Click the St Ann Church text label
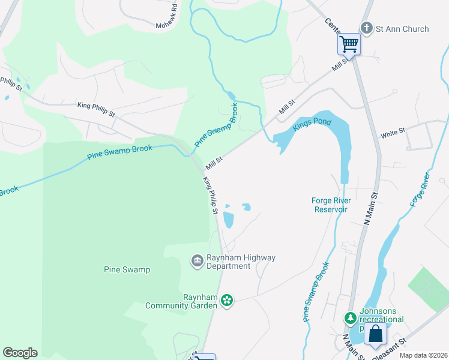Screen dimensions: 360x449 click(x=402, y=29)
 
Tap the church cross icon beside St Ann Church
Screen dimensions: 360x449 click(x=366, y=28)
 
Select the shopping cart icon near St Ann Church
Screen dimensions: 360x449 click(x=348, y=43)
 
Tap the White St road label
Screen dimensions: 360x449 click(x=393, y=133)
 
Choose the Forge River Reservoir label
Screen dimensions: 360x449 click(x=330, y=205)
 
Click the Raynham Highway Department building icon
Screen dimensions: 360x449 click(x=197, y=261)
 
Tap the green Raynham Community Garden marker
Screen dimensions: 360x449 click(x=227, y=300)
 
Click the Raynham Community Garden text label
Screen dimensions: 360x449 click(x=181, y=301)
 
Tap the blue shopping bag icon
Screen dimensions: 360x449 click(x=375, y=334)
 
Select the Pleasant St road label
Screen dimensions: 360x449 click(x=390, y=349)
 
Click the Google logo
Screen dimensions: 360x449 click(x=20, y=353)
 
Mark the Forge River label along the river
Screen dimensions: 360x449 click(x=420, y=190)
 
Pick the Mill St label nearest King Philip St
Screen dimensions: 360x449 click(x=214, y=161)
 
